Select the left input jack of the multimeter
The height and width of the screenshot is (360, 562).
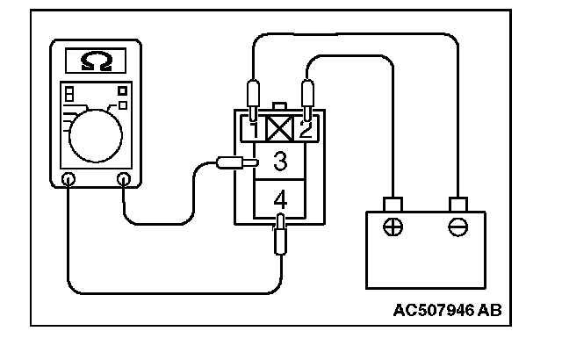tap(68, 180)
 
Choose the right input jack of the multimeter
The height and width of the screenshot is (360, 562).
tap(124, 180)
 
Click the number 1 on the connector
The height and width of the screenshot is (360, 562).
tap(253, 131)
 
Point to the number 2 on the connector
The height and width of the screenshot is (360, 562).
tap(305, 131)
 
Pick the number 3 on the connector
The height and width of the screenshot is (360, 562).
tap(279, 162)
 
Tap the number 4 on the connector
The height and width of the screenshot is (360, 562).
tap(279, 198)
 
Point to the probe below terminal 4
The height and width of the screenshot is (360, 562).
tap(279, 235)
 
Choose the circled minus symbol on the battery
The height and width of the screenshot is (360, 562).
tap(456, 226)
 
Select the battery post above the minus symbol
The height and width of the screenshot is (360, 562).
tap(456, 204)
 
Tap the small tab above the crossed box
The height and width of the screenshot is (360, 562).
tap(279, 107)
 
